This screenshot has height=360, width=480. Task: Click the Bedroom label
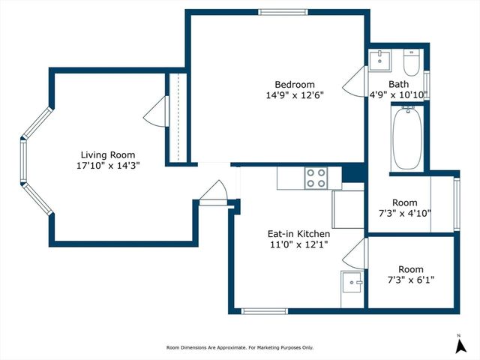[x=294, y=84]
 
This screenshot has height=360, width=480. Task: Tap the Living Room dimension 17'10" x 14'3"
[x=107, y=164]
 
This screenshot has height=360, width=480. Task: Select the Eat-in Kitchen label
[x=298, y=234]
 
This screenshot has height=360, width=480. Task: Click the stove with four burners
[x=316, y=178]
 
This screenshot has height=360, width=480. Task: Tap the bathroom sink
[x=382, y=59]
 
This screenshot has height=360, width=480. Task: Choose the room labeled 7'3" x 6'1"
[x=410, y=274]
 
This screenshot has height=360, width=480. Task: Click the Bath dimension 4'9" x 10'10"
[x=398, y=94]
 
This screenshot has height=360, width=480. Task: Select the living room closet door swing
[x=156, y=112]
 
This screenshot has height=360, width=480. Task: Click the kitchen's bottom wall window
[x=263, y=310]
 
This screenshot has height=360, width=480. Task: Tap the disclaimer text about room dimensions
[x=240, y=347]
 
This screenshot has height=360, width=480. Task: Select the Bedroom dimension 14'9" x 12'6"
[x=294, y=95]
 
